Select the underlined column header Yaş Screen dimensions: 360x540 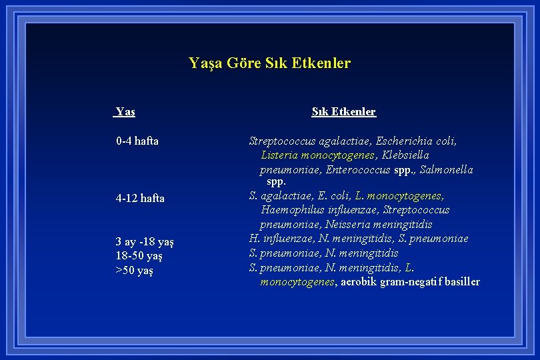click(125, 112)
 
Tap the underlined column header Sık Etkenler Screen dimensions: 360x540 click(343, 112)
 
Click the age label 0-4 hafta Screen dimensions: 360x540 click(137, 141)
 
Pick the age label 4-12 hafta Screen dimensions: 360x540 click(140, 198)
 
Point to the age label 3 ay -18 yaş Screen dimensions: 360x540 click(145, 241)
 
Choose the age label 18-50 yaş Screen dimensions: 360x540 click(139, 256)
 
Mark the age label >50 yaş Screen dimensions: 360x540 click(134, 271)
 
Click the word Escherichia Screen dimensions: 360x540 click(405, 141)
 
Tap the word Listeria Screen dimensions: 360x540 click(279, 155)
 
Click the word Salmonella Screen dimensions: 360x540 click(446, 170)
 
